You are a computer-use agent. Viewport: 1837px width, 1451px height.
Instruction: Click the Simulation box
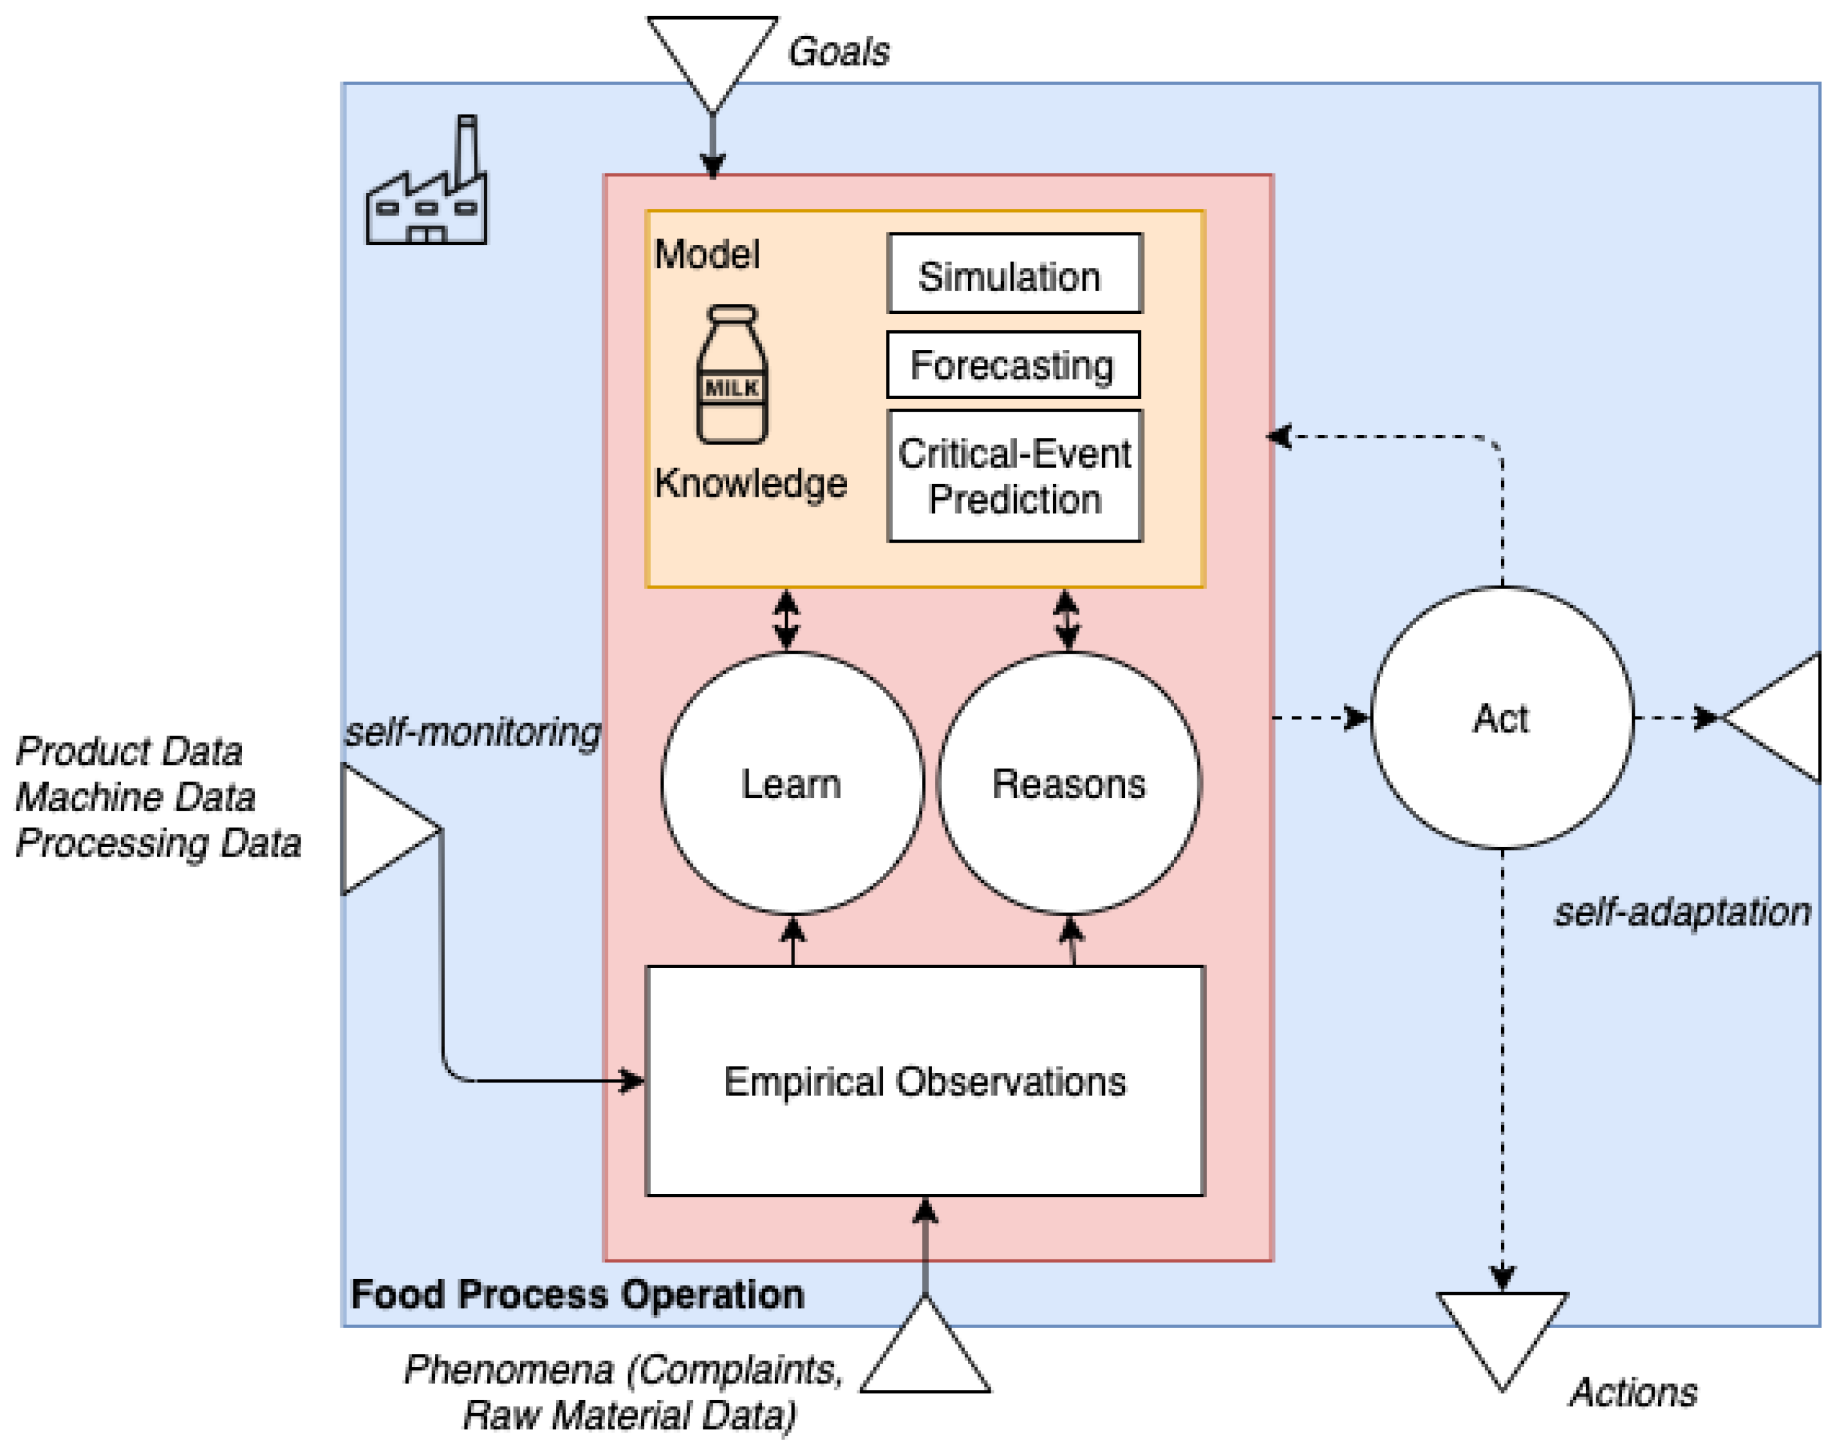(x=1015, y=274)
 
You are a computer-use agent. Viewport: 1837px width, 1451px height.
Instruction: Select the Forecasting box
(x=1013, y=366)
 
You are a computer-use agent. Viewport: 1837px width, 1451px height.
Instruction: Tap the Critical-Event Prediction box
(x=1015, y=477)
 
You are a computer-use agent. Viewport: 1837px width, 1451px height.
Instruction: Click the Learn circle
(x=792, y=783)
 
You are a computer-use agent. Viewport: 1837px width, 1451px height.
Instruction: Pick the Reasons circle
(x=1068, y=783)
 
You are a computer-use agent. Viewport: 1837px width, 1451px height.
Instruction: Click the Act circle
(x=1502, y=718)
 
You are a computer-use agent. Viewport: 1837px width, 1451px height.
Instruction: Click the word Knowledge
(x=751, y=483)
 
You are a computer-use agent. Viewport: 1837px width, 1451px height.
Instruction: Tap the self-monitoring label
(x=472, y=731)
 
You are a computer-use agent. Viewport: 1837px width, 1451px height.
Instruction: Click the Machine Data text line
(x=136, y=797)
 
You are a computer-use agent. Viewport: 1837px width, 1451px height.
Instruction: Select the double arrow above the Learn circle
(x=786, y=621)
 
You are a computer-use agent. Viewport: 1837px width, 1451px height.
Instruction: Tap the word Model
(x=706, y=254)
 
